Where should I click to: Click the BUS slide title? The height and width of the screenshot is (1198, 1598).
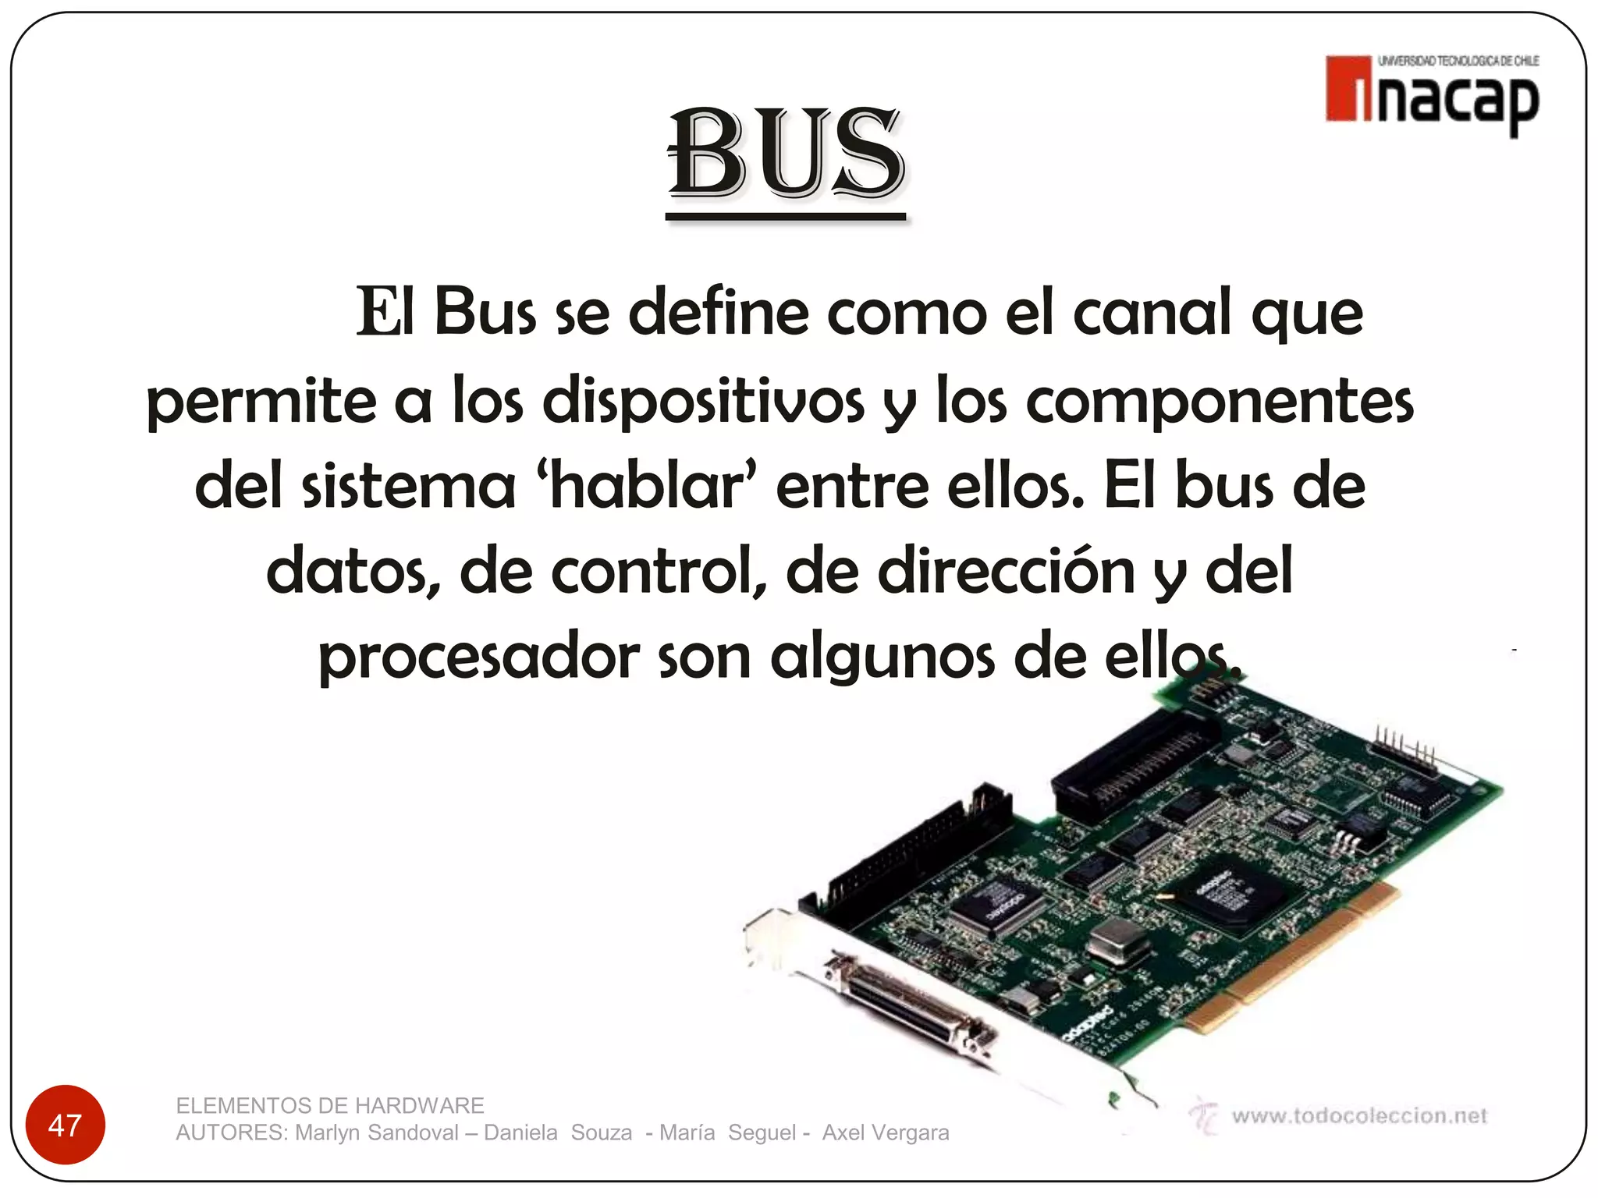787,153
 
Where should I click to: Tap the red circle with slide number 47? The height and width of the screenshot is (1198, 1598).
65,1125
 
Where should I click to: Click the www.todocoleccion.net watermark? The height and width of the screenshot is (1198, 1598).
1358,1116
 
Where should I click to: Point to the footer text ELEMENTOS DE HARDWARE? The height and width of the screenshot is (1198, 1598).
330,1105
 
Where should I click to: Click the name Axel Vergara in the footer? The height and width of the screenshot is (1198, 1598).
886,1132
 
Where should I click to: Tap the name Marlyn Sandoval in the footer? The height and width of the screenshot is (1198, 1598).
377,1132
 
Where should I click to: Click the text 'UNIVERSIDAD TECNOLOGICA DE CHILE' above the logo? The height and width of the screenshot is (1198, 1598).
1458,61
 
